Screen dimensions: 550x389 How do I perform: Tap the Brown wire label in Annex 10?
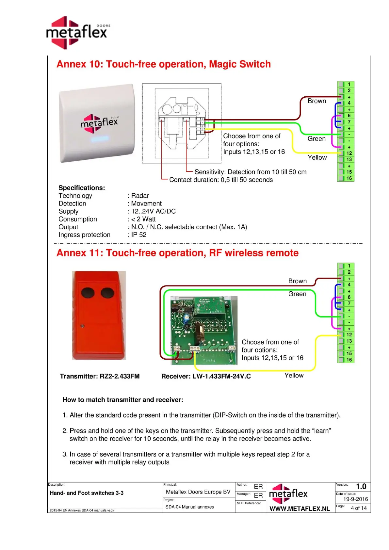(316, 101)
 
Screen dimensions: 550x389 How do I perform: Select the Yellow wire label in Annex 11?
(294, 375)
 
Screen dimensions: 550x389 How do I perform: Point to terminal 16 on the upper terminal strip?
(349, 178)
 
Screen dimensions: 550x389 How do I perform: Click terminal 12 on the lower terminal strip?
(349, 335)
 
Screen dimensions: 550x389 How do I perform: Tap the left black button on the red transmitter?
(88, 293)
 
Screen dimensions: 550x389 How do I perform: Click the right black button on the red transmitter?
(107, 293)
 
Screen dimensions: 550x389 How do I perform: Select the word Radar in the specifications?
(140, 196)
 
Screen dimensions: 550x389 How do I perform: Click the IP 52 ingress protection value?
(138, 235)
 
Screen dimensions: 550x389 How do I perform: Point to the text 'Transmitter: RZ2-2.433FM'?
(100, 376)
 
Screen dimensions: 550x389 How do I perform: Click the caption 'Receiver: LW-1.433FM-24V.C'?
(206, 376)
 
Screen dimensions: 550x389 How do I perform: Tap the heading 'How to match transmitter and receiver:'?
(123, 400)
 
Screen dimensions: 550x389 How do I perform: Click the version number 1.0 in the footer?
(361, 487)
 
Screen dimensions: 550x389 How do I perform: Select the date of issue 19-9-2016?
(355, 499)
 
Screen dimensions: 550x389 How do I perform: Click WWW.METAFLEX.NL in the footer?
(300, 509)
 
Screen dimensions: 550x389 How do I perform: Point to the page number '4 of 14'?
(359, 508)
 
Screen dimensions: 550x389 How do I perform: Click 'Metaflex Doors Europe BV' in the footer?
(198, 492)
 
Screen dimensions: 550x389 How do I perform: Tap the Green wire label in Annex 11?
(297, 294)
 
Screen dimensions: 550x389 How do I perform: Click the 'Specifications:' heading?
(82, 188)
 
